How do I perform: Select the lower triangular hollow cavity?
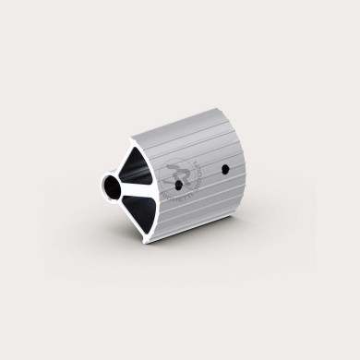pyautogui.click(x=141, y=207)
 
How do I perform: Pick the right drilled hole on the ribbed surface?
pyautogui.click(x=225, y=170)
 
